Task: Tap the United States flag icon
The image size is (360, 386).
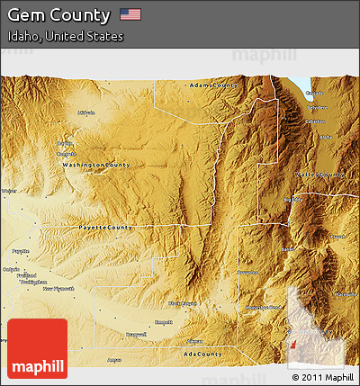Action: pos(130,14)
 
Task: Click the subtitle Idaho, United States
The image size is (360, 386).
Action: pos(65,37)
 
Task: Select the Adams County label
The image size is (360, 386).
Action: pos(214,85)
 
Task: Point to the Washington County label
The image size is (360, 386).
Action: pos(96,166)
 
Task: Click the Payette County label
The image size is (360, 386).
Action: pos(107,228)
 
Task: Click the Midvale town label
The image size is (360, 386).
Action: pos(86,113)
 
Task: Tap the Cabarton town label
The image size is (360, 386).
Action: pos(316,121)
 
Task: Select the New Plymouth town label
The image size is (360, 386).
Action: pos(61,289)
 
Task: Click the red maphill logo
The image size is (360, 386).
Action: pos(37,348)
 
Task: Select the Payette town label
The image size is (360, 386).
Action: pos(21,251)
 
